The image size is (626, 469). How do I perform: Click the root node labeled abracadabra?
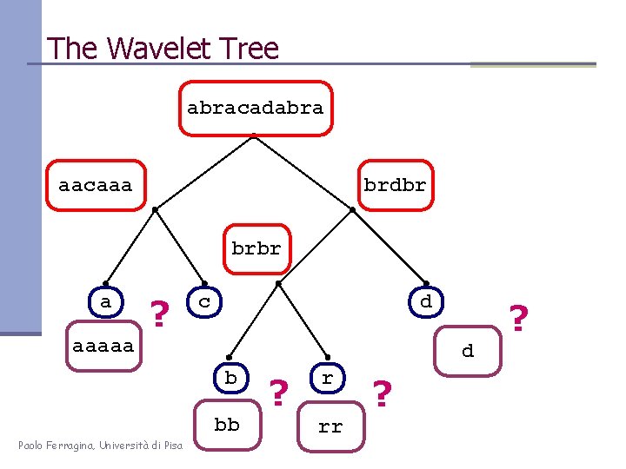click(x=256, y=109)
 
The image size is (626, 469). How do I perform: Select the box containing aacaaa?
click(x=96, y=185)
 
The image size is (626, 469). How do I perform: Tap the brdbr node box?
click(x=395, y=185)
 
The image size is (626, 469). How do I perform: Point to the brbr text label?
click(x=256, y=248)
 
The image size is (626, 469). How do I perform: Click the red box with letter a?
click(x=106, y=302)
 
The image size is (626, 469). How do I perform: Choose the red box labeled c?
click(x=204, y=302)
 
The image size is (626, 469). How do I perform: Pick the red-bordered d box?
click(x=425, y=302)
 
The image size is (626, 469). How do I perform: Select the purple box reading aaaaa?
click(x=103, y=346)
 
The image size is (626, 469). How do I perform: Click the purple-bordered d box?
click(x=468, y=351)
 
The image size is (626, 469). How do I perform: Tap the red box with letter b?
click(x=230, y=378)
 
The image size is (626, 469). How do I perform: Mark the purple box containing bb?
click(x=227, y=426)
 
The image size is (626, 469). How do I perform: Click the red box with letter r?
click(x=327, y=378)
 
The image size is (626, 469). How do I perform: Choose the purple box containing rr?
click(x=330, y=426)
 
